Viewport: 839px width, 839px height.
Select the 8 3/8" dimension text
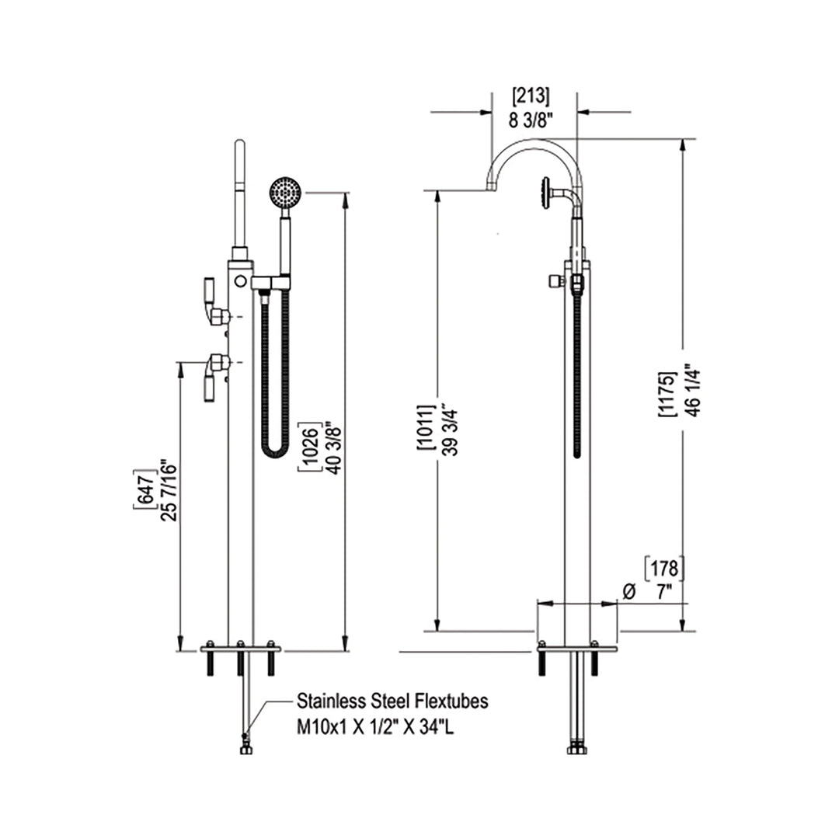531,120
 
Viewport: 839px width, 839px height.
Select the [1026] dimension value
308,450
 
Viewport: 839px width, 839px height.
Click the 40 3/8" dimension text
333,450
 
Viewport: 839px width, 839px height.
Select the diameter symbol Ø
629,591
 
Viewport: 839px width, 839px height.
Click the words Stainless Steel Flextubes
392,701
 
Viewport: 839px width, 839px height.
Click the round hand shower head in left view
286,190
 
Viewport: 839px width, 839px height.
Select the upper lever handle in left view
212,302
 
